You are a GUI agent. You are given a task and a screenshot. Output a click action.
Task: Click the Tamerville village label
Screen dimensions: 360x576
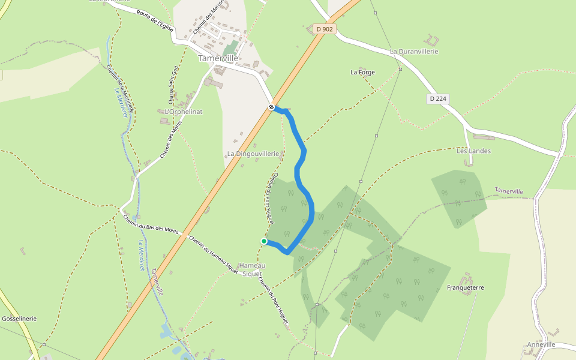point(218,58)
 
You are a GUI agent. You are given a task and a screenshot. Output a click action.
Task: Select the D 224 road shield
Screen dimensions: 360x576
point(439,98)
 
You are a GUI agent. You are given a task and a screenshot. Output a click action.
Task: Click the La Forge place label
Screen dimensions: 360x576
point(362,72)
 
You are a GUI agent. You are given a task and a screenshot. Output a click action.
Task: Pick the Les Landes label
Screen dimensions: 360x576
point(473,151)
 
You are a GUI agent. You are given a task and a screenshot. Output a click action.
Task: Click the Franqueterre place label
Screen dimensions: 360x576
point(465,288)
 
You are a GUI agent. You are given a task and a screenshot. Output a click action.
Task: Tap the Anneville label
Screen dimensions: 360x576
point(541,344)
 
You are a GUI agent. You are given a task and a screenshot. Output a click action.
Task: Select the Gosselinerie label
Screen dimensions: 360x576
point(19,319)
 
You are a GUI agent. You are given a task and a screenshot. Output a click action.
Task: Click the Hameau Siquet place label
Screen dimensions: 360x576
point(251,269)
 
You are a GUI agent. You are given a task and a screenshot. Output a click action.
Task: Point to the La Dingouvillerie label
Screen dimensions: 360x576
point(253,154)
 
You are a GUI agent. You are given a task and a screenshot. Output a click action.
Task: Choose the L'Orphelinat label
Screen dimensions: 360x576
point(184,112)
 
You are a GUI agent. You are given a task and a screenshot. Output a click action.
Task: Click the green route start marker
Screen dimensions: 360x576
point(264,241)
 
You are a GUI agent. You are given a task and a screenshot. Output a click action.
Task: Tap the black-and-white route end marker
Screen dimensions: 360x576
point(272,107)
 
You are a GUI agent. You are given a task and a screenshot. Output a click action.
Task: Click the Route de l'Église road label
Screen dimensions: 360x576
point(155,20)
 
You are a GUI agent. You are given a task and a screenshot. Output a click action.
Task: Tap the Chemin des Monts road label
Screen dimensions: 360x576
point(171,139)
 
